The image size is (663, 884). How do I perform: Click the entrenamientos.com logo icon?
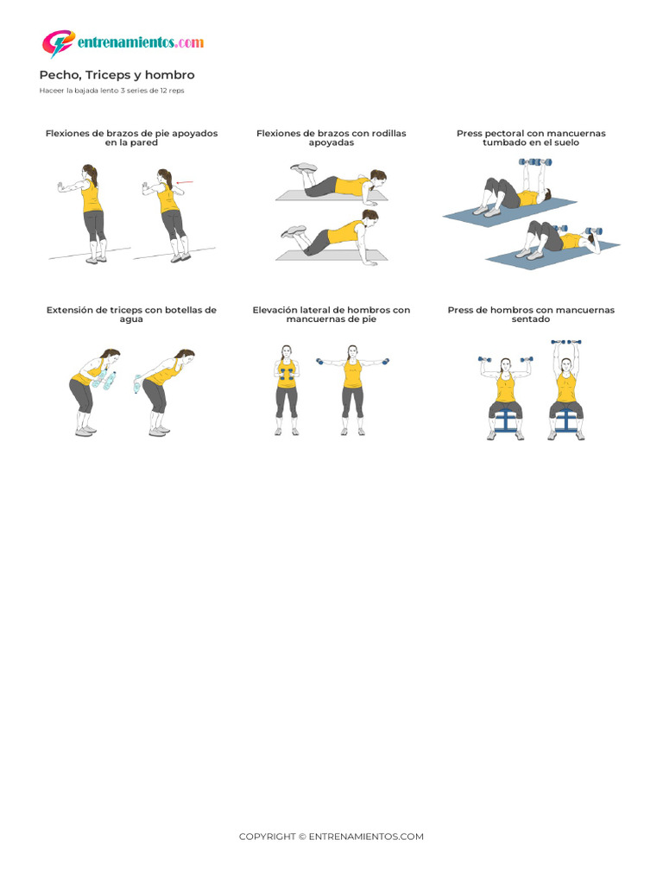58,43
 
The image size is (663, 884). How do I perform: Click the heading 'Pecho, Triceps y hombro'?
117,75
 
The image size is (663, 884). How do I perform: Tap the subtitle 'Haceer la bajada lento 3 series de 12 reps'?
111,90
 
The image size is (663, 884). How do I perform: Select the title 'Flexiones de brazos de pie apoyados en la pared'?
131,138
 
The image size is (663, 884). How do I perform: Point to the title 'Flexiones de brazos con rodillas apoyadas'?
331,138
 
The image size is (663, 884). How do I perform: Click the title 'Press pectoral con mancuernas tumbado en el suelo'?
531,138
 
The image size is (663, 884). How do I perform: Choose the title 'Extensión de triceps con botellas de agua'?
131,314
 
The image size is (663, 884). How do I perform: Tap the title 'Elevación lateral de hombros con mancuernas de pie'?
331,314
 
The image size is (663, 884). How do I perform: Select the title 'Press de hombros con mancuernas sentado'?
531,314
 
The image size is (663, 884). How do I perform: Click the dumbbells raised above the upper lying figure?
534,162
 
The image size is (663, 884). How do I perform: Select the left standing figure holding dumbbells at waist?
287,390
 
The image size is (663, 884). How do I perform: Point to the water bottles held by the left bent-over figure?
107,380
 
